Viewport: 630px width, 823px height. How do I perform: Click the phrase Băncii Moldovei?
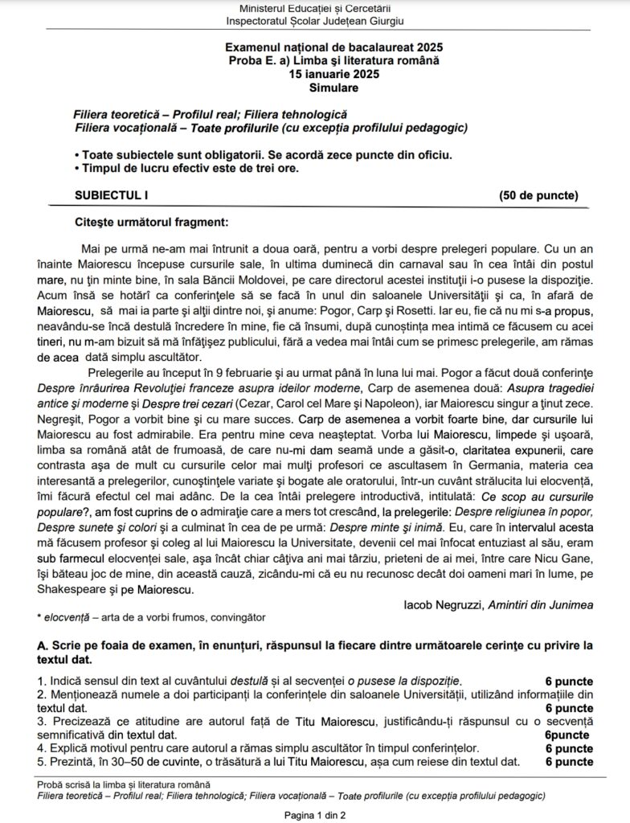coord(253,280)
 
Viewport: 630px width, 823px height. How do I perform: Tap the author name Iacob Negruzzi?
coord(443,604)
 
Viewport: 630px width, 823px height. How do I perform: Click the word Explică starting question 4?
coord(66,748)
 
